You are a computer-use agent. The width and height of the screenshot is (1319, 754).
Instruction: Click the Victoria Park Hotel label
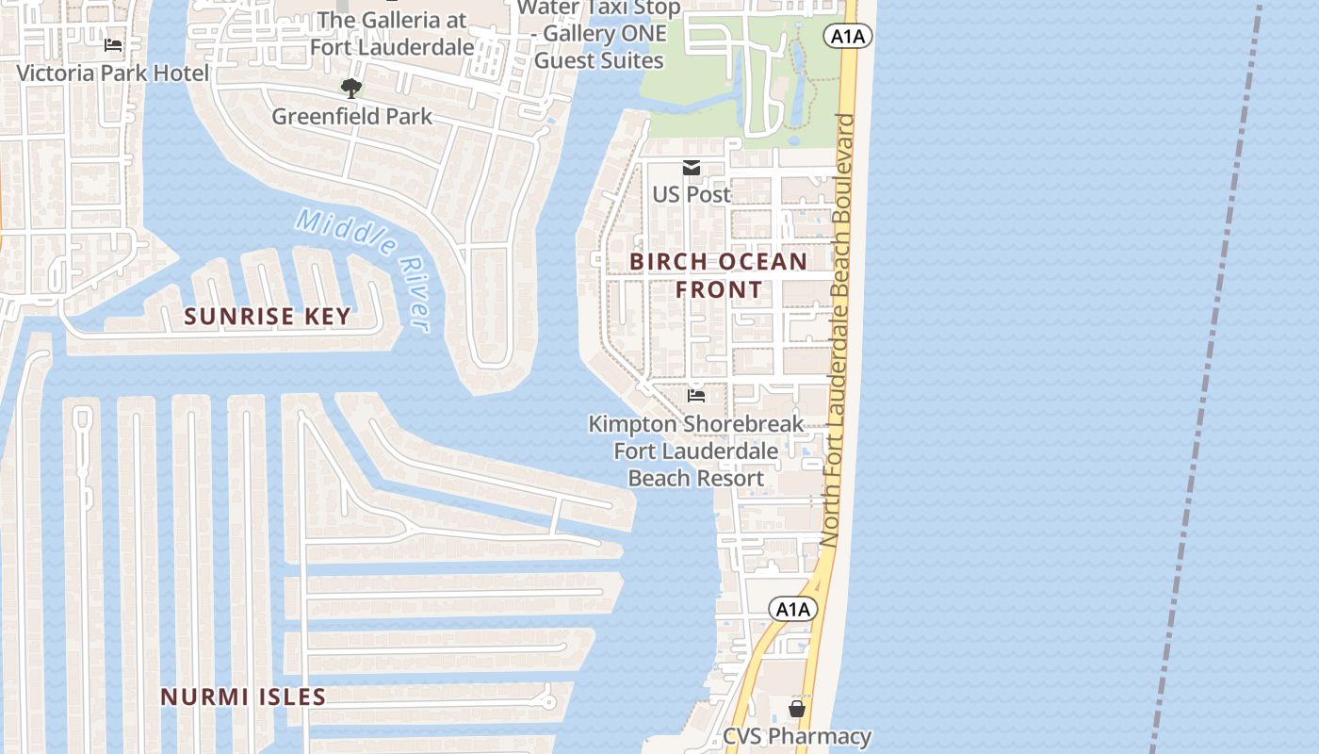[x=113, y=73]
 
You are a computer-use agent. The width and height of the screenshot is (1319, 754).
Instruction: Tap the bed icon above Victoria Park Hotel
[x=113, y=45]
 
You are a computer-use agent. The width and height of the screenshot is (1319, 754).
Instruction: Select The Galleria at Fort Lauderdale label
[x=393, y=33]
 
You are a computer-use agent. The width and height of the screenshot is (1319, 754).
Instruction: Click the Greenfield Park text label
[x=351, y=116]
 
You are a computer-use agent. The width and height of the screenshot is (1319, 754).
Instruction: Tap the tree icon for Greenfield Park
[x=351, y=89]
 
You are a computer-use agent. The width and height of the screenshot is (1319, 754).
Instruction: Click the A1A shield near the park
[x=847, y=37]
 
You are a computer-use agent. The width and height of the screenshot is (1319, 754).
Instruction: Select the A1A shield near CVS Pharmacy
[x=792, y=610]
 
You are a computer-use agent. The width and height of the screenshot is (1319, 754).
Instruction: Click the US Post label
[x=692, y=194]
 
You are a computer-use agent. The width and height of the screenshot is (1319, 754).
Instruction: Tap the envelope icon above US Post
[x=692, y=168]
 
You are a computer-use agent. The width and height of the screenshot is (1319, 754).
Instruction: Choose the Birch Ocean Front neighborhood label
[x=718, y=275]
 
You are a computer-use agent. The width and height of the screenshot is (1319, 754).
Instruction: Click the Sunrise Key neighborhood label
[x=268, y=317]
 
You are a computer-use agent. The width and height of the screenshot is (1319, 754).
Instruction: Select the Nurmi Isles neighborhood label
[x=243, y=697]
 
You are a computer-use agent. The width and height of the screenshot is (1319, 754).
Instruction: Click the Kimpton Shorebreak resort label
[x=696, y=451]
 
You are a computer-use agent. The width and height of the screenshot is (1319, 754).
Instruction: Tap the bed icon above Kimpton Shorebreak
[x=696, y=396]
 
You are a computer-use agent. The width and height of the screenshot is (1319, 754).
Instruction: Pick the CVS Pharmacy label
[x=797, y=736]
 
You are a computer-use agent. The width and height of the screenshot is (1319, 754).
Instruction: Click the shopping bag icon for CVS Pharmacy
[x=797, y=709]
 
